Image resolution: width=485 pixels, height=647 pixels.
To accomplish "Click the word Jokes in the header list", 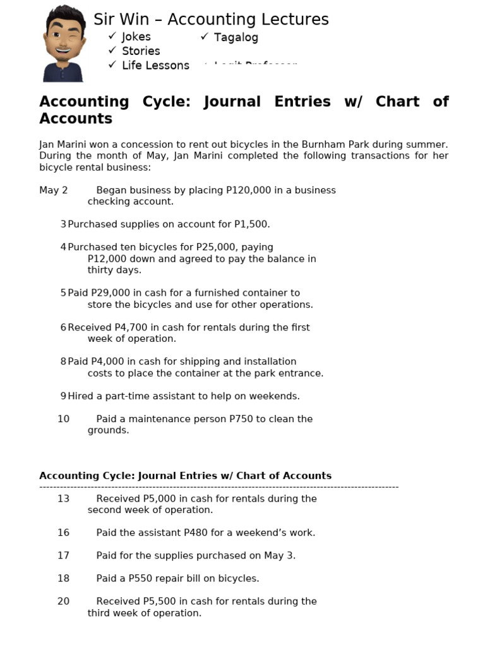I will pyautogui.click(x=136, y=37).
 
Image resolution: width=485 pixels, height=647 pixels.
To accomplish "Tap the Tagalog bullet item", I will pyautogui.click(x=236, y=37).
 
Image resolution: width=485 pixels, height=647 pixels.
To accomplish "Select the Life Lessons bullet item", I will pyautogui.click(x=155, y=65).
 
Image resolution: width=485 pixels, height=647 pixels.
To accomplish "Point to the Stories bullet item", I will pyautogui.click(x=141, y=51).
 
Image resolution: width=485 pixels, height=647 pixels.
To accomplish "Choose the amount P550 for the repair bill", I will pyautogui.click(x=156, y=578).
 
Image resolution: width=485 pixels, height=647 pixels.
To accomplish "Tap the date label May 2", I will pyautogui.click(x=54, y=190).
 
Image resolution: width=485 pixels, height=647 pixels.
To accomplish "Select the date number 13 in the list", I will pyautogui.click(x=63, y=499).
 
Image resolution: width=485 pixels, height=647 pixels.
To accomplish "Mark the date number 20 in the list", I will pyautogui.click(x=63, y=602).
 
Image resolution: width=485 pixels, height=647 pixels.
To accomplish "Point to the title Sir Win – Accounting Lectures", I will pyautogui.click(x=211, y=20).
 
